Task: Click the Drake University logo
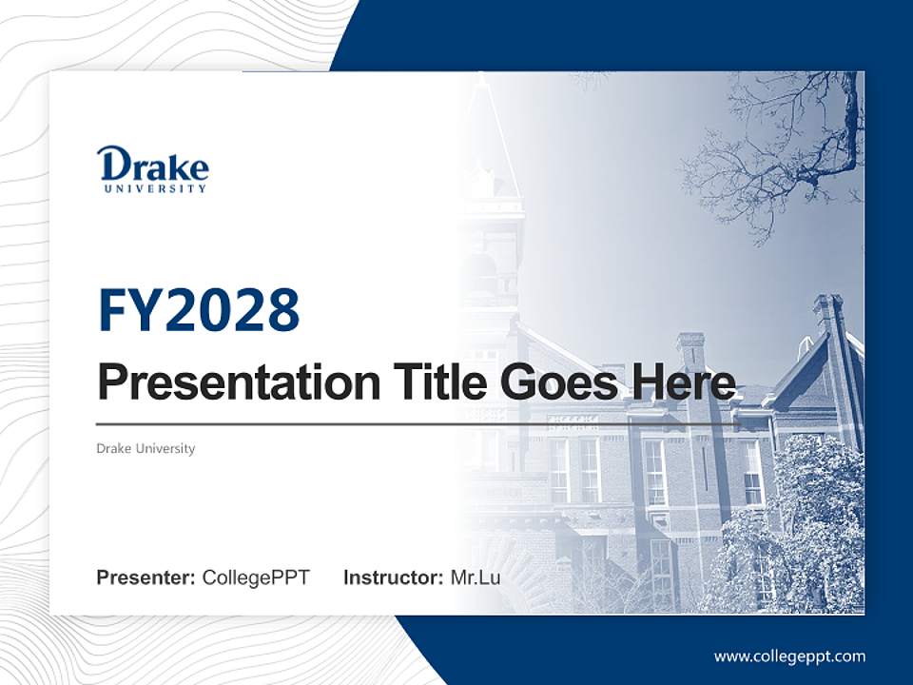coord(152,169)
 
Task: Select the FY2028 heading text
coord(199,310)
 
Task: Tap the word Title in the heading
coord(431,382)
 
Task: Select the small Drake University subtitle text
coord(146,448)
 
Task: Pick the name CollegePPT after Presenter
coord(256,577)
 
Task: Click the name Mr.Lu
coord(476,577)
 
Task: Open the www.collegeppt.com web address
coord(789,656)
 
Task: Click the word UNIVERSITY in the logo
coord(155,188)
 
